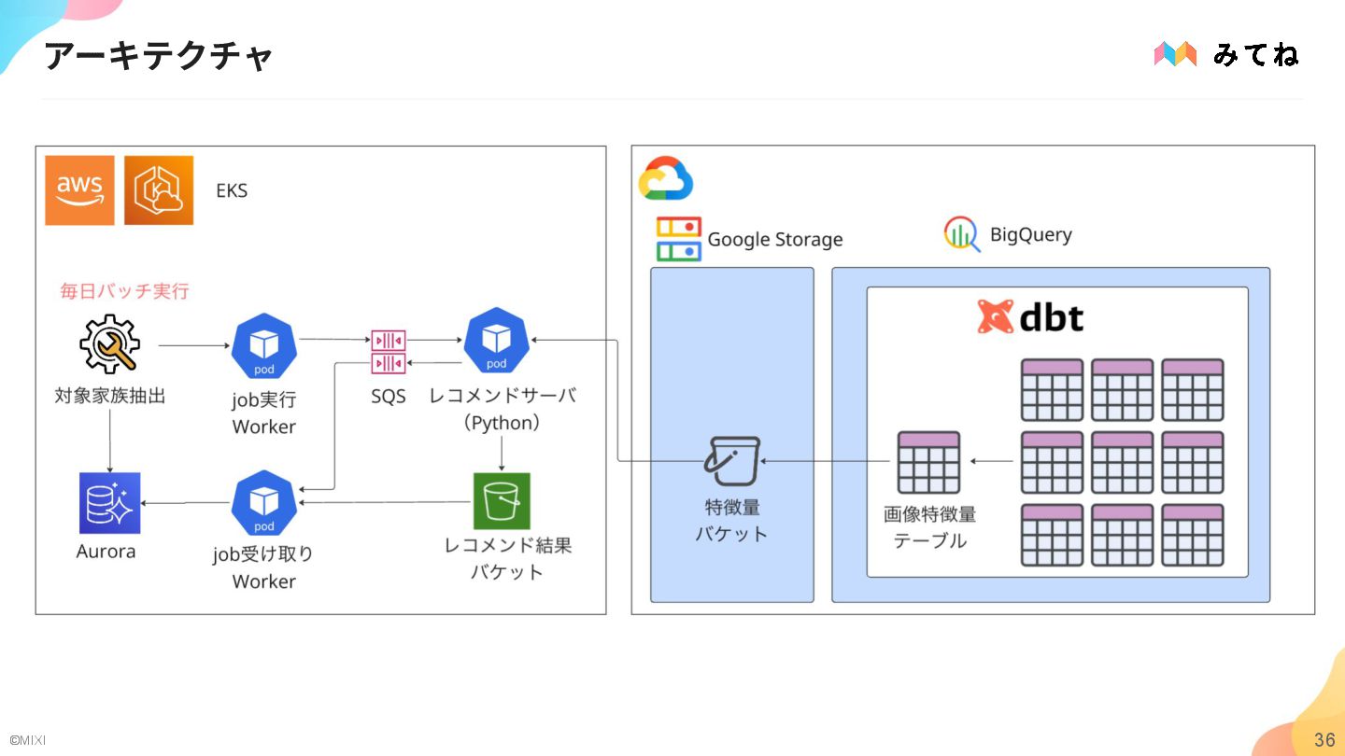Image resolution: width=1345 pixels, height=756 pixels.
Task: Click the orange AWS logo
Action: coord(79,190)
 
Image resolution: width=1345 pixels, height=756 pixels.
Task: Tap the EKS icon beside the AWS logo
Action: coord(159,190)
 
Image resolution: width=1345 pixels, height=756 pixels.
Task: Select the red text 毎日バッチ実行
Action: coord(125,291)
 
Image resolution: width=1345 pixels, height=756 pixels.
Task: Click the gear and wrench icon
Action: coord(109,344)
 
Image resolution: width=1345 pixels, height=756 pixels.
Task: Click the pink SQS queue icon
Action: coord(389,351)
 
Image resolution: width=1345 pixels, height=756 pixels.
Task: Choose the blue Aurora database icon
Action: coord(109,503)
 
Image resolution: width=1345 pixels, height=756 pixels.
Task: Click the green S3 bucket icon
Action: coord(502,501)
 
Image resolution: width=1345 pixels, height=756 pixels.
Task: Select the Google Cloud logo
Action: coord(666,178)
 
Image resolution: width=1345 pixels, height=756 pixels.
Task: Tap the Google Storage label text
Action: coord(775,240)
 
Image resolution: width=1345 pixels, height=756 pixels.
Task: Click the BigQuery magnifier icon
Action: coord(961,234)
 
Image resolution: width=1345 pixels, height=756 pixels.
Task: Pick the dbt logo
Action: coord(1030,317)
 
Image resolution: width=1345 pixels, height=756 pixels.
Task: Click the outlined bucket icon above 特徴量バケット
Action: coord(732,461)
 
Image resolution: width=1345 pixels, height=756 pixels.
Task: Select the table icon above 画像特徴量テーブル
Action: coord(928,462)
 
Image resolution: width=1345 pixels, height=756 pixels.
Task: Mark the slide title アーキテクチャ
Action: coord(158,56)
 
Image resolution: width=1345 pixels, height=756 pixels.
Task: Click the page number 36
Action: coord(1324,740)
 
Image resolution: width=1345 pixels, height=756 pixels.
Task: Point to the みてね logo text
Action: coord(1255,54)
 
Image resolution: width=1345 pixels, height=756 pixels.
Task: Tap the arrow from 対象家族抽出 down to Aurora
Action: coord(110,439)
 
